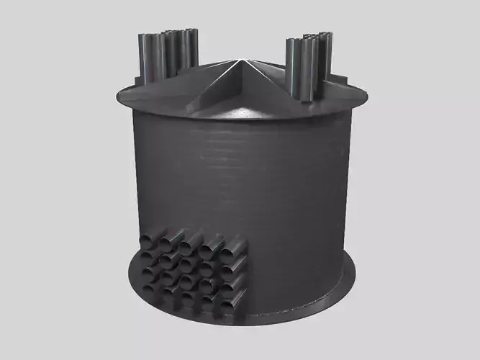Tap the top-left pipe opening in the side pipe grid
(151, 240)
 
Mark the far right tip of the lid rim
(365, 96)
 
